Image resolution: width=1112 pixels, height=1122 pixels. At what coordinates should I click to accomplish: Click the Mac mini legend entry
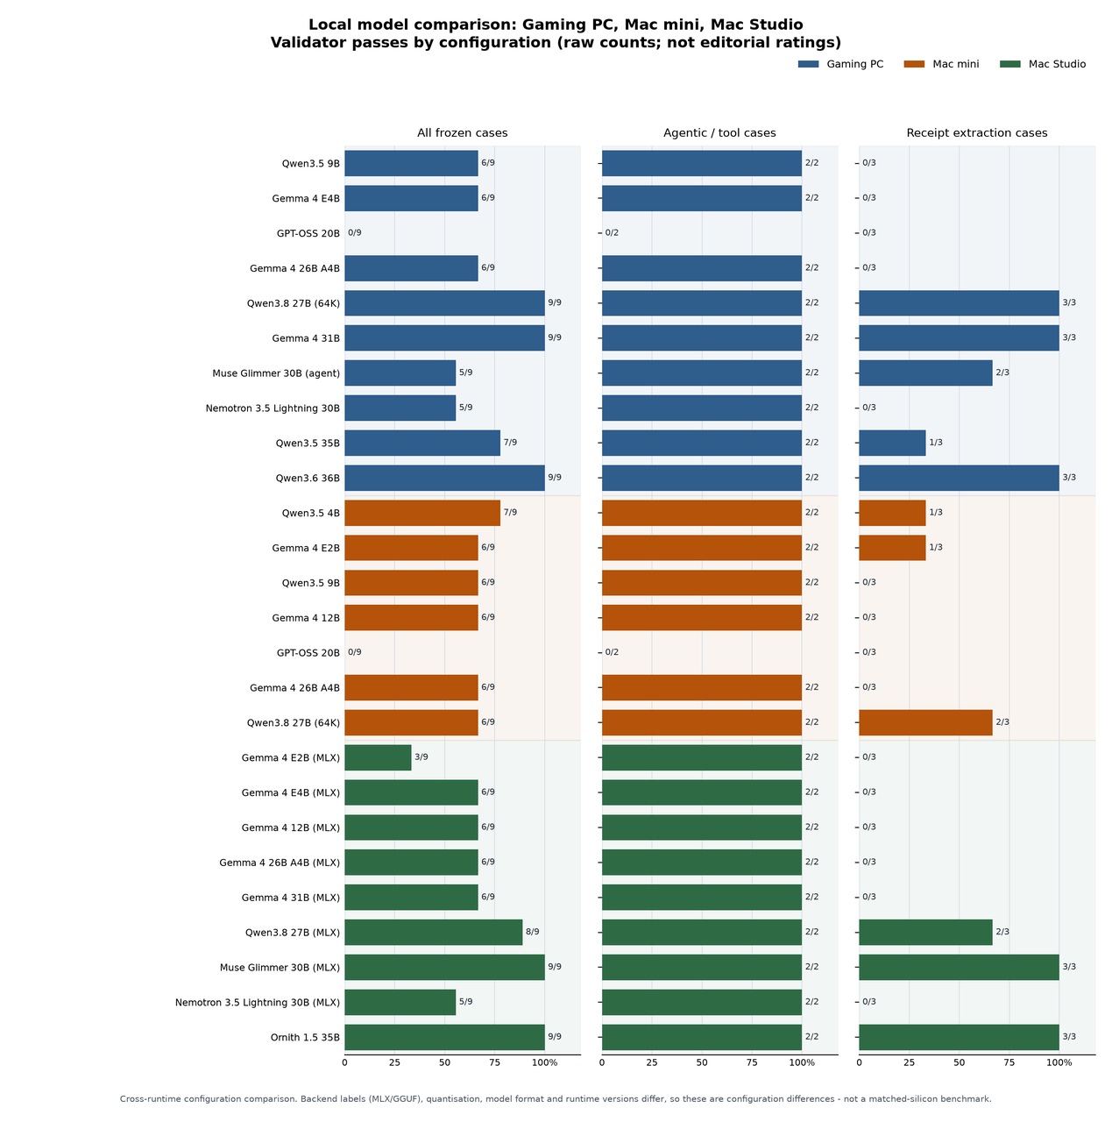coord(941,64)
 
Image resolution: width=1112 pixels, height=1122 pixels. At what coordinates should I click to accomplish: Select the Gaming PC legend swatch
coord(808,64)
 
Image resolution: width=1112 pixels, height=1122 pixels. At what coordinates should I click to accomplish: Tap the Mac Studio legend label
coord(1057,64)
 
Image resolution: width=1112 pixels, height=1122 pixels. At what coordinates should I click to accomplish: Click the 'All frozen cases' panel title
coord(463,132)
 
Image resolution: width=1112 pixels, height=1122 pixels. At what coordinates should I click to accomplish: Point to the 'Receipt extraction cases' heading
coord(976,132)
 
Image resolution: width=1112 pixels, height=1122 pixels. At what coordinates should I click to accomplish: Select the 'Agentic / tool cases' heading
coord(719,132)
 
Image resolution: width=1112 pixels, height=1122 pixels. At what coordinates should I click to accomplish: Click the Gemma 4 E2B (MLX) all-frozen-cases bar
coord(378,757)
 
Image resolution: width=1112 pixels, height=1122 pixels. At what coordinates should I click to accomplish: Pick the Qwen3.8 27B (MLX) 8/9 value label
coord(532,932)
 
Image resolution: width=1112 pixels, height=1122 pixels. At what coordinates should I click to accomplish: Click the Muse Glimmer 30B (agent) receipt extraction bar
coord(925,373)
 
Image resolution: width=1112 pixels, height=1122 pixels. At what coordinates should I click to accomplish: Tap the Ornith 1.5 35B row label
coord(305,1037)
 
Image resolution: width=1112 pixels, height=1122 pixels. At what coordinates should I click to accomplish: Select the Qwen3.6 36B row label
coord(308,478)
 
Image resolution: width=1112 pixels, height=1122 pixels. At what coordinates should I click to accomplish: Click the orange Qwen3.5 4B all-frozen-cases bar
coord(422,513)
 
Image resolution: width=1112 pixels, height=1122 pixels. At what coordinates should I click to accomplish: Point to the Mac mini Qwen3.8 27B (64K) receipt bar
coord(925,722)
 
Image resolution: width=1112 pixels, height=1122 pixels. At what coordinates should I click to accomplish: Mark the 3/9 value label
coord(421,757)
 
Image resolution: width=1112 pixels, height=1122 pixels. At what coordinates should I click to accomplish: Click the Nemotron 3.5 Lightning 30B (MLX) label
coord(258,1002)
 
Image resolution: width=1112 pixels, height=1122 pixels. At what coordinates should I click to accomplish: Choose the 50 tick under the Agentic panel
coord(702,1062)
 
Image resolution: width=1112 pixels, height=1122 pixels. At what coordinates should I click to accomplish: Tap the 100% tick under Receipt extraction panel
coord(1059,1062)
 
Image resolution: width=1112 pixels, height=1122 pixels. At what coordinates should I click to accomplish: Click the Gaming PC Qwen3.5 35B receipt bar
coord(893,443)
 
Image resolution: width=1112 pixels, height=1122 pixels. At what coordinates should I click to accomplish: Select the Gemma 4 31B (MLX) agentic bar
coord(702,897)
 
